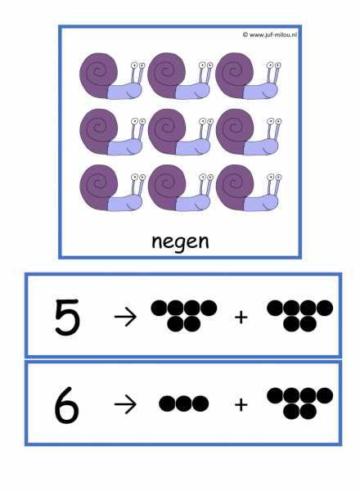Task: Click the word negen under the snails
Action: pos(180,241)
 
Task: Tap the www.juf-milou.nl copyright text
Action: pos(269,34)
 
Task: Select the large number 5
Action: pos(67,317)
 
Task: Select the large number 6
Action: pos(66,405)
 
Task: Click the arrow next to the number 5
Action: pos(125,317)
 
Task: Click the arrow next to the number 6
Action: pos(125,404)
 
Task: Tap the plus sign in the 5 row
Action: pos(241,318)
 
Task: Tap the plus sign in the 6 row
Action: pos(241,404)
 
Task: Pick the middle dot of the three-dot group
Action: pos(184,403)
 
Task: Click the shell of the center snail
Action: pos(166,131)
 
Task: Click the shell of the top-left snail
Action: pos(97,74)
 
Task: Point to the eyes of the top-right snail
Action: pos(273,65)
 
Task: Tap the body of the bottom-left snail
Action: pos(124,203)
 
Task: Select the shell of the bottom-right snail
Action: pos(234,187)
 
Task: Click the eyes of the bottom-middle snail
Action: pos(206,177)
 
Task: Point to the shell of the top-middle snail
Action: pos(166,74)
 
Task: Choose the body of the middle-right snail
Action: pos(261,146)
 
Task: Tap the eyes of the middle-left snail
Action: pos(138,121)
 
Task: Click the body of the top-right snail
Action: pos(260,91)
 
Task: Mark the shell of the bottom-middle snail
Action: pos(166,187)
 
